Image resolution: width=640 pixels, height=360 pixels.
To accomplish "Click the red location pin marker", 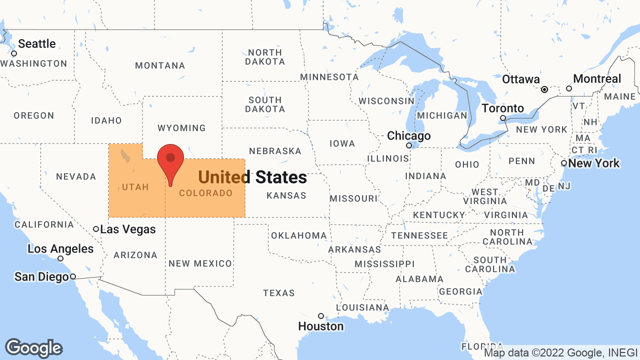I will (x=170, y=160).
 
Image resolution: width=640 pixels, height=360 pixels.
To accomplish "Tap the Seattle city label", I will (x=37, y=44).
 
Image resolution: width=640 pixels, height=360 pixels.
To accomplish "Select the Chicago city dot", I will (x=409, y=145).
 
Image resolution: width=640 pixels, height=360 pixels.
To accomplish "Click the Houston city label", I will (x=321, y=326).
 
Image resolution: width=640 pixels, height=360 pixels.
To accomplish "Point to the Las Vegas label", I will (x=128, y=229).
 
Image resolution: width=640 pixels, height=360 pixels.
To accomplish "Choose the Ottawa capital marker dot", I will (x=544, y=89).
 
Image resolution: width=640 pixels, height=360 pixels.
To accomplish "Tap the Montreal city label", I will (x=597, y=79).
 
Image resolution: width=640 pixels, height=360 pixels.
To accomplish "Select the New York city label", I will (x=594, y=163).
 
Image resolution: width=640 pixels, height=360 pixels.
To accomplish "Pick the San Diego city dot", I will (x=73, y=276).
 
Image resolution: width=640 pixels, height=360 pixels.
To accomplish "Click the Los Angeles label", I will (x=60, y=249).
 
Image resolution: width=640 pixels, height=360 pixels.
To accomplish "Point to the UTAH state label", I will (x=135, y=187).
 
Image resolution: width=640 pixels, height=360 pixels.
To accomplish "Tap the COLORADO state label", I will (x=205, y=193).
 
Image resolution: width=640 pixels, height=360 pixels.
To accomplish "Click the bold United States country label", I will (x=252, y=177).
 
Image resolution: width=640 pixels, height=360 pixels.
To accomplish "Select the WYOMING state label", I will (x=181, y=128).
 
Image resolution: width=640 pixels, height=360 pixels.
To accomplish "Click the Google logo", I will (x=33, y=348).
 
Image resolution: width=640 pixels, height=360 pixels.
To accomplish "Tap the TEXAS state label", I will (x=279, y=293).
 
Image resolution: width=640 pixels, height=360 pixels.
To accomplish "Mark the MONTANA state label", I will (x=160, y=65).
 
